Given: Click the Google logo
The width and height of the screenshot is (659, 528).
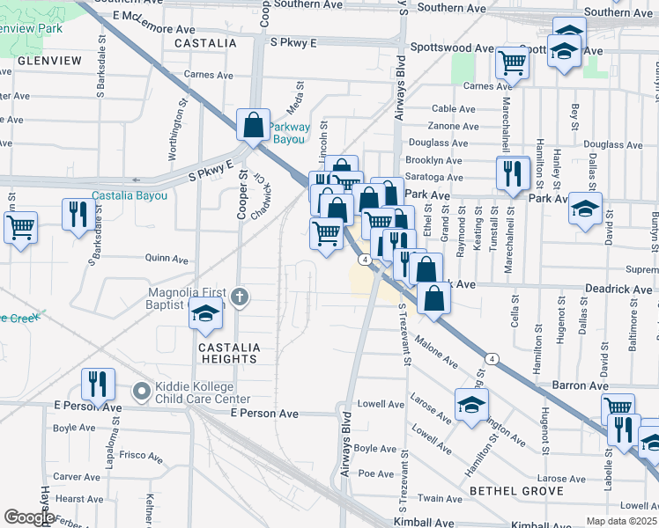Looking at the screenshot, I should [x=28, y=517].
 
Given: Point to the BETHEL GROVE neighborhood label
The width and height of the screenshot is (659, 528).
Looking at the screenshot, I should [x=515, y=489].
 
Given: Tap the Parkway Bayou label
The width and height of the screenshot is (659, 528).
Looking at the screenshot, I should [x=289, y=133].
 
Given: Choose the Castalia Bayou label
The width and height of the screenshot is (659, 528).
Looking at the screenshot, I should [x=130, y=195].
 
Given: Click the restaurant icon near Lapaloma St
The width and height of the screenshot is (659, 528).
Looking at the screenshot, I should [x=96, y=383].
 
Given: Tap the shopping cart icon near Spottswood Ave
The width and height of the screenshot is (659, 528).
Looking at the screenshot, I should [x=512, y=62].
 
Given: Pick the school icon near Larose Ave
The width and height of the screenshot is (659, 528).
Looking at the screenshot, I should [x=471, y=405].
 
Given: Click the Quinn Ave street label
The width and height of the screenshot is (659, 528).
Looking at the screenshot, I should [x=167, y=260].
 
